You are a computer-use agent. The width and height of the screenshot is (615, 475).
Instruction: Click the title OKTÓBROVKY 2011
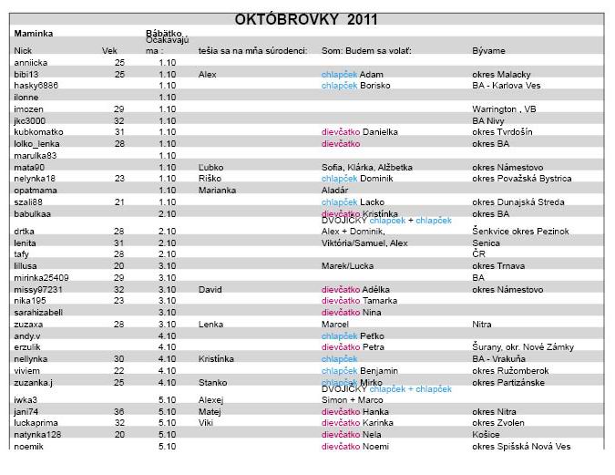click(x=306, y=18)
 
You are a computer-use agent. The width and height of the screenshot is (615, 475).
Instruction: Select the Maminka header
click(x=34, y=34)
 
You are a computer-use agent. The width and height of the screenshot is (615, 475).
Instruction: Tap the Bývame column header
click(x=489, y=50)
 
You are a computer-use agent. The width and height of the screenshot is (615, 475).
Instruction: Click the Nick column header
click(x=24, y=50)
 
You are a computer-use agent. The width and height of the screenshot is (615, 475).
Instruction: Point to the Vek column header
click(x=109, y=50)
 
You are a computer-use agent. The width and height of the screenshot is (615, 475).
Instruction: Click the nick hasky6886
click(x=36, y=85)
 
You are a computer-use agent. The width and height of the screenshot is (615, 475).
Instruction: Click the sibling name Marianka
click(x=218, y=190)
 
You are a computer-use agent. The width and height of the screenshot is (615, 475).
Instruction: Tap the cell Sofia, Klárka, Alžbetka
click(x=367, y=167)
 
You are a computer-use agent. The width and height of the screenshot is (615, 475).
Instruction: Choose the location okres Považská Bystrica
click(x=521, y=179)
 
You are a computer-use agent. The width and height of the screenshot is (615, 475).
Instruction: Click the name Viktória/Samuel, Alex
click(x=364, y=243)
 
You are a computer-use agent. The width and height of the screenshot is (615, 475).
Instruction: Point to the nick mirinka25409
click(x=41, y=277)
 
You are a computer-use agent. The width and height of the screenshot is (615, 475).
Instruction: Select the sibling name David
click(x=210, y=289)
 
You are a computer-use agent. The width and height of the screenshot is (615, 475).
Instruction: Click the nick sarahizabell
click(x=38, y=312)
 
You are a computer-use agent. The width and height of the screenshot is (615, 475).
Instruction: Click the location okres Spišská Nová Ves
click(x=521, y=446)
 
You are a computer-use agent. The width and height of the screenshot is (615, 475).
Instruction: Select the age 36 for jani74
click(x=119, y=411)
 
